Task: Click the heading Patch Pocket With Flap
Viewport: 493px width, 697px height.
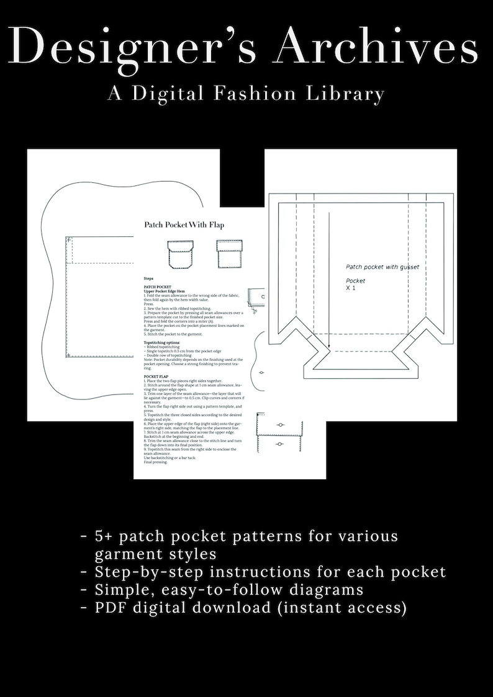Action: [x=184, y=224]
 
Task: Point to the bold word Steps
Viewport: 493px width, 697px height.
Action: [x=148, y=280]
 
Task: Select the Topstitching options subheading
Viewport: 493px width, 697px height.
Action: [x=162, y=342]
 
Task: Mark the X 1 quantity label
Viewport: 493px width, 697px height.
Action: [x=351, y=288]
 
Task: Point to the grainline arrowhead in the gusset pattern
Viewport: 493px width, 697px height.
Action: [x=329, y=355]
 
